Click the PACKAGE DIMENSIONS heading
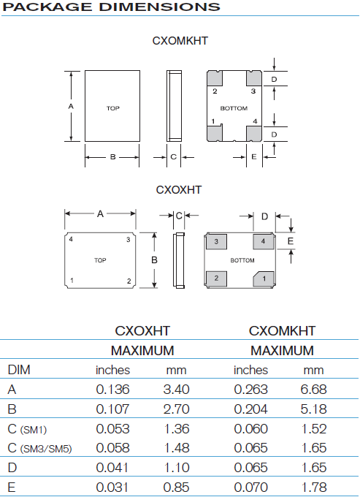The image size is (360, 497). click(x=111, y=7)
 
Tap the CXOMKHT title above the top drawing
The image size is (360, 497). click(x=180, y=41)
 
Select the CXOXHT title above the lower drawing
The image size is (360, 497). click(x=179, y=190)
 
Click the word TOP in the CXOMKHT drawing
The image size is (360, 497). click(x=112, y=108)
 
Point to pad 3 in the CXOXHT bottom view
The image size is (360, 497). click(x=216, y=241)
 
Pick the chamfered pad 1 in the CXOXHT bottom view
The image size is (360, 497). click(x=264, y=279)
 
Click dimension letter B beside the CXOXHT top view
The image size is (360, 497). click(x=154, y=260)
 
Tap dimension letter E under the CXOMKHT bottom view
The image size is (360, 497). click(x=254, y=156)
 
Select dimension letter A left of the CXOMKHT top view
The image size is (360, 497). click(x=71, y=107)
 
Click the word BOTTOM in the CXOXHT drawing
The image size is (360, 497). click(x=242, y=260)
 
